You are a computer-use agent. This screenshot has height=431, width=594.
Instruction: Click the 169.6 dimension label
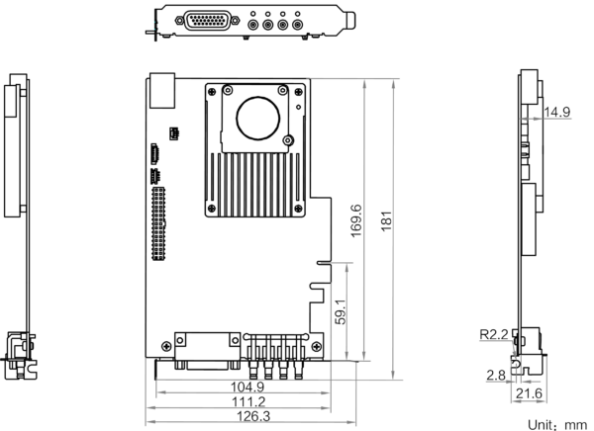(x=356, y=221)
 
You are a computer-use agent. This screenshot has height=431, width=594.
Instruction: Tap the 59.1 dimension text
(x=341, y=311)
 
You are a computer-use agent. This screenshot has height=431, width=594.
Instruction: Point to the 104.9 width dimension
(x=247, y=387)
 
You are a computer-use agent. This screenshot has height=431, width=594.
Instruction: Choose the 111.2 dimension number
(x=248, y=401)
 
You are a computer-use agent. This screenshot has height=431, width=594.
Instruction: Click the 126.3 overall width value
(x=253, y=416)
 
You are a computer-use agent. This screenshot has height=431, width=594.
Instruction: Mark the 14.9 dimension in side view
(x=556, y=112)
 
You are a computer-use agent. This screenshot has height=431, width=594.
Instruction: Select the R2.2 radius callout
(x=494, y=334)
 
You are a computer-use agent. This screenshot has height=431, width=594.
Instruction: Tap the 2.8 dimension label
(x=496, y=376)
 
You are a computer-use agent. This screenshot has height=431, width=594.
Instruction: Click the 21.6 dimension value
(x=530, y=393)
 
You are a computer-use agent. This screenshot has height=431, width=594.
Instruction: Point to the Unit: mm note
(x=557, y=425)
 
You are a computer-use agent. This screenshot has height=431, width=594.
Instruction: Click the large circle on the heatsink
(x=258, y=118)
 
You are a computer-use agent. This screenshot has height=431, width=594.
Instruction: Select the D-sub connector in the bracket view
(x=207, y=20)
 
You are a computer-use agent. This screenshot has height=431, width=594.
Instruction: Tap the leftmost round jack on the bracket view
(x=253, y=26)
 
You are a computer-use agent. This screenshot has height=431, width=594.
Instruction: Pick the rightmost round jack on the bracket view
(x=297, y=26)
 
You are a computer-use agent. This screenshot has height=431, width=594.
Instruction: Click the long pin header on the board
(x=158, y=223)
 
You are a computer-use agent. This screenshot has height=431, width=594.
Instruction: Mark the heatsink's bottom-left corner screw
(x=212, y=209)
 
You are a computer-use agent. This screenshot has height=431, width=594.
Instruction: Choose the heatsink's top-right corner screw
(x=299, y=92)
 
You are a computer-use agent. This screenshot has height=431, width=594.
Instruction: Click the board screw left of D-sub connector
(x=166, y=346)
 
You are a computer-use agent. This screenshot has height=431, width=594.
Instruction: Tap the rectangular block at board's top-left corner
(x=162, y=90)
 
